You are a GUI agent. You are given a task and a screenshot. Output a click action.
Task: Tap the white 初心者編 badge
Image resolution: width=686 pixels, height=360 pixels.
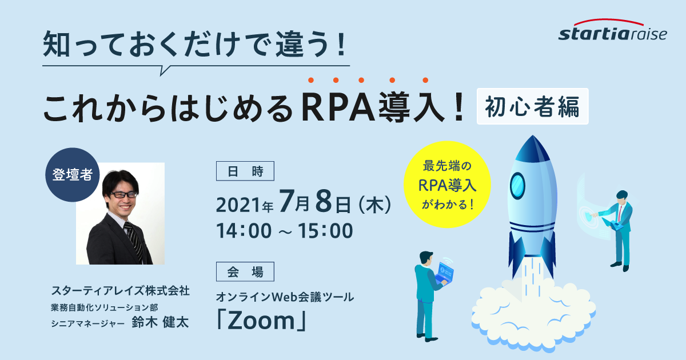533,106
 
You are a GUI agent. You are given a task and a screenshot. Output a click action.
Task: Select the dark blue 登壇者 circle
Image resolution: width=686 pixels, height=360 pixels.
72,175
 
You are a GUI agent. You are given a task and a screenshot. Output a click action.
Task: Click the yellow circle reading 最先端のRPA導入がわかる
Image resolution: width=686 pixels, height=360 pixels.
447,184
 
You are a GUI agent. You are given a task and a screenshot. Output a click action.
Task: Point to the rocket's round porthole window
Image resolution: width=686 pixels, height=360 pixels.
517,186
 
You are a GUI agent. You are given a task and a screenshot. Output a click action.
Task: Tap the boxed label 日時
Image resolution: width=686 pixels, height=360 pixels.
245,171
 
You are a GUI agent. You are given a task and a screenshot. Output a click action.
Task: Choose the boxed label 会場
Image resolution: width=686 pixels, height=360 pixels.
245,271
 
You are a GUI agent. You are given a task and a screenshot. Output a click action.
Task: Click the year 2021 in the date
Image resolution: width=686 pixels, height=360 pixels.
238,205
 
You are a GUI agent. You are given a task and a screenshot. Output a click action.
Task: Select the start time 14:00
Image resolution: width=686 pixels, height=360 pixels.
244,230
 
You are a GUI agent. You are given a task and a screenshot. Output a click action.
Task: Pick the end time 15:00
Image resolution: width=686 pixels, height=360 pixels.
325,230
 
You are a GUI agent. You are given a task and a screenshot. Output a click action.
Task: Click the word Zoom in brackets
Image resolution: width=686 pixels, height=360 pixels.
261,321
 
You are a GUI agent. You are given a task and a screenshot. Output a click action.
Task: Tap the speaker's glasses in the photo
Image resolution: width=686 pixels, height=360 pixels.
123,194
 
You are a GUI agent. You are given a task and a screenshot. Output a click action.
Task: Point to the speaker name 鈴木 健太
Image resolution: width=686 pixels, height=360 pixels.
160,322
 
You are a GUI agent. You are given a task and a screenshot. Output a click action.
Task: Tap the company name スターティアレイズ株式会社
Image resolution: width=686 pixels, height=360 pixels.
121,291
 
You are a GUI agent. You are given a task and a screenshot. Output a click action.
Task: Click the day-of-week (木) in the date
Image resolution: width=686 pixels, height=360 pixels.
374,205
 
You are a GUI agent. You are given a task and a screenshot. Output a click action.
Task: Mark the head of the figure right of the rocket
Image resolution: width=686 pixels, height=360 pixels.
622,197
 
